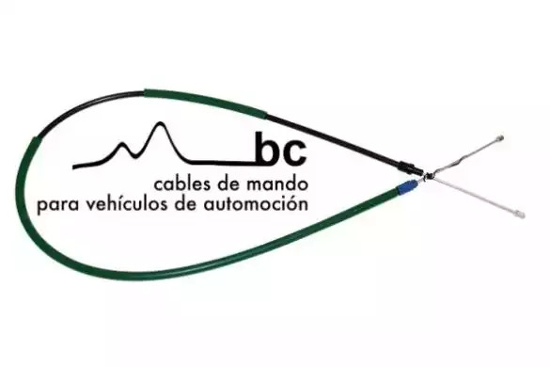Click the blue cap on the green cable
406,186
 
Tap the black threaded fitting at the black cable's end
410,168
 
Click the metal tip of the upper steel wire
499,137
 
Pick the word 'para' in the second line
59,206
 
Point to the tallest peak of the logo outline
161,123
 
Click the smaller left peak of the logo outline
121,144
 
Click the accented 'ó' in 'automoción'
291,204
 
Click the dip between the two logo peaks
133,155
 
